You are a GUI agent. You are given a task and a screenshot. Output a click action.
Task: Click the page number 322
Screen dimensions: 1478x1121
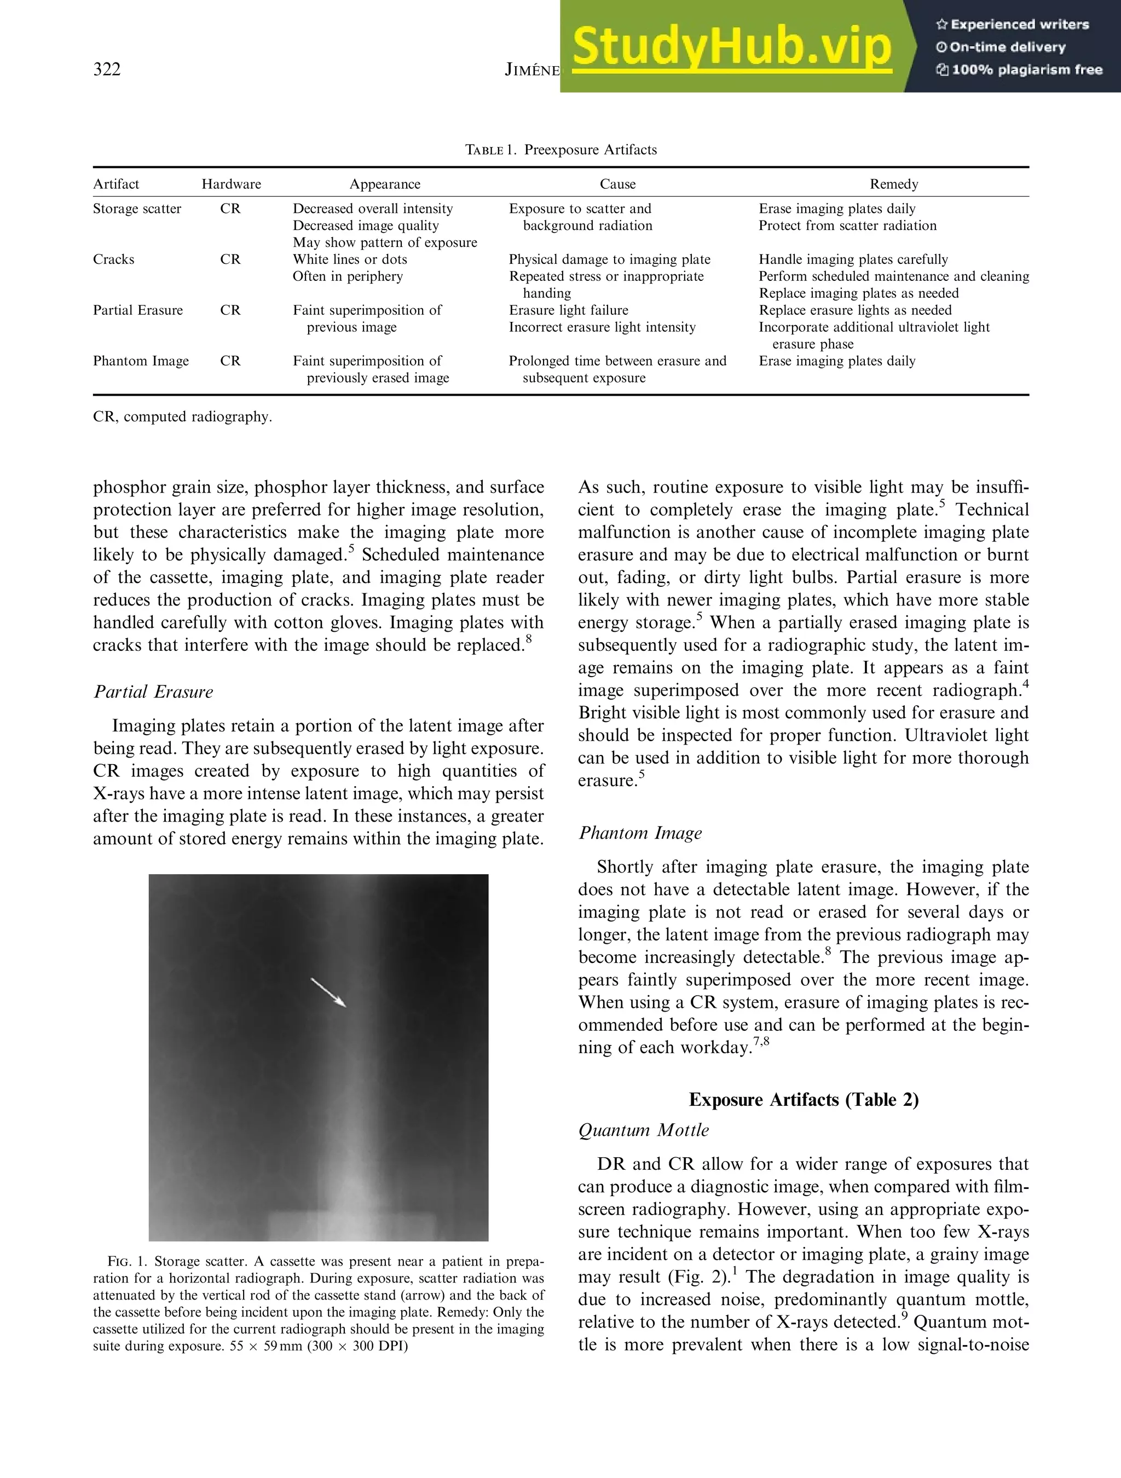click(x=107, y=70)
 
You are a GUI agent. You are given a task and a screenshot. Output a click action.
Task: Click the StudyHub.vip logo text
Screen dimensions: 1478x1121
click(x=731, y=47)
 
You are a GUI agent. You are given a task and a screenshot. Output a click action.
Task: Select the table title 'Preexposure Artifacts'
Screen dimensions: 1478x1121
click(x=590, y=149)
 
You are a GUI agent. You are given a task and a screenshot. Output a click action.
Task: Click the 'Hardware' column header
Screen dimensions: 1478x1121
click(x=231, y=184)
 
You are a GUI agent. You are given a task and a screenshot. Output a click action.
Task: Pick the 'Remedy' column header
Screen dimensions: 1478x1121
click(x=893, y=184)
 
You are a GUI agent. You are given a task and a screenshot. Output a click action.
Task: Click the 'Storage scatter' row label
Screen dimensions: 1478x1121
click(x=137, y=209)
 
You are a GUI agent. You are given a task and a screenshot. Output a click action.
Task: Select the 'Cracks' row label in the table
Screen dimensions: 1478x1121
click(x=113, y=260)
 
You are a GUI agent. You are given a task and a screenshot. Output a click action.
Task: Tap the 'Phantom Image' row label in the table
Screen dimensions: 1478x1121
click(x=141, y=361)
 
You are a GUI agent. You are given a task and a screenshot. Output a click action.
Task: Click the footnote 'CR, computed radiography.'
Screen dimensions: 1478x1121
click(x=182, y=417)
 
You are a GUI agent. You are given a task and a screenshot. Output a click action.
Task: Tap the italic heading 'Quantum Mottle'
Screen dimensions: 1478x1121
click(x=643, y=1130)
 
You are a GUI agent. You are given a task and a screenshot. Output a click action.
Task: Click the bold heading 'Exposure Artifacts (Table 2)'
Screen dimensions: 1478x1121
click(x=803, y=1100)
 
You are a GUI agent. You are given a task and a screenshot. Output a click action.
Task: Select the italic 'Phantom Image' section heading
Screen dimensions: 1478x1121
click(x=639, y=833)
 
